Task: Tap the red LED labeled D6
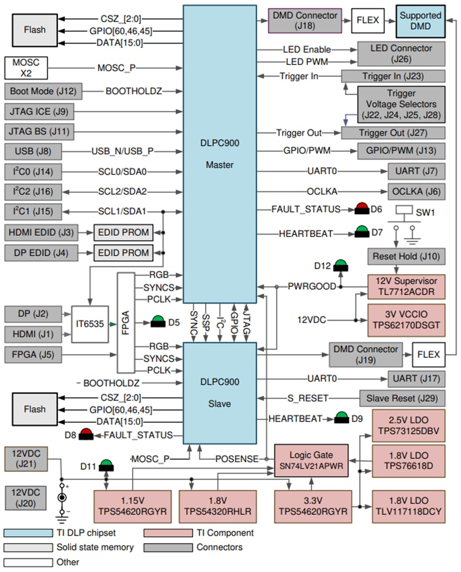362,210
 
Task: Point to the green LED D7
362,232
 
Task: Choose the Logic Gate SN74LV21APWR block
312,460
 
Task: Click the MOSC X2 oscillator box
25,68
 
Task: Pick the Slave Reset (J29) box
402,399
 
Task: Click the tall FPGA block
125,322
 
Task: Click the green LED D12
340,267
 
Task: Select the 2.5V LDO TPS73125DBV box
409,425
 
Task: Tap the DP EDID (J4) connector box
40,253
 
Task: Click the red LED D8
86,435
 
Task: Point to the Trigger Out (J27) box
393,133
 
